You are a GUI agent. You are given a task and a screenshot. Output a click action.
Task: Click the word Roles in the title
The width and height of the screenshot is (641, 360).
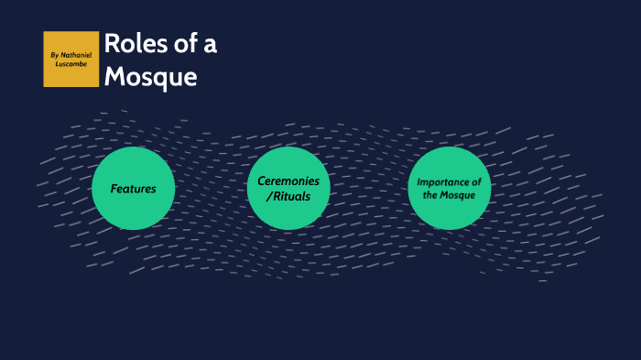click(x=131, y=45)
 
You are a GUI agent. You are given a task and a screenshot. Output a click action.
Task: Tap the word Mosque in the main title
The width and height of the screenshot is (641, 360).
click(x=150, y=77)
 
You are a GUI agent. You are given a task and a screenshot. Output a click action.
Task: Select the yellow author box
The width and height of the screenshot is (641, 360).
click(x=71, y=60)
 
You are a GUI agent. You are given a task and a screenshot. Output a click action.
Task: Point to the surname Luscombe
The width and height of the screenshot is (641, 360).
click(x=71, y=64)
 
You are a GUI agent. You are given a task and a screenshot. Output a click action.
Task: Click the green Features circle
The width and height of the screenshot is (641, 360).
click(x=134, y=188)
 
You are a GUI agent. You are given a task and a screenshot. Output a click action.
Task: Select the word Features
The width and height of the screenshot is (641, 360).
click(x=134, y=189)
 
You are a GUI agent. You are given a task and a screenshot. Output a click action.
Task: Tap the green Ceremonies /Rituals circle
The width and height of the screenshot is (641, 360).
click(x=288, y=188)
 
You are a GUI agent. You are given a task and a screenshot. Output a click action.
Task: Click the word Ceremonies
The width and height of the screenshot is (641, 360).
click(x=288, y=181)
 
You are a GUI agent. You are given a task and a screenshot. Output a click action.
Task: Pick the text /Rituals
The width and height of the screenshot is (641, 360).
click(x=288, y=196)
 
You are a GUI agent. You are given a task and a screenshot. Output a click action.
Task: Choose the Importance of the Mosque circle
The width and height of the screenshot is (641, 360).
click(x=450, y=188)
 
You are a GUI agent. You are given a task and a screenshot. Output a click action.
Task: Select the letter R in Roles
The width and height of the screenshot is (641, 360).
click(x=112, y=45)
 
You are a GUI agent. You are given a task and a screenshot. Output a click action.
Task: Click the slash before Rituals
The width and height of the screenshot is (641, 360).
click(x=267, y=196)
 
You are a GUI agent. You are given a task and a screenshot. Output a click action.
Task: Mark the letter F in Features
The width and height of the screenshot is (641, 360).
click(x=114, y=189)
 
